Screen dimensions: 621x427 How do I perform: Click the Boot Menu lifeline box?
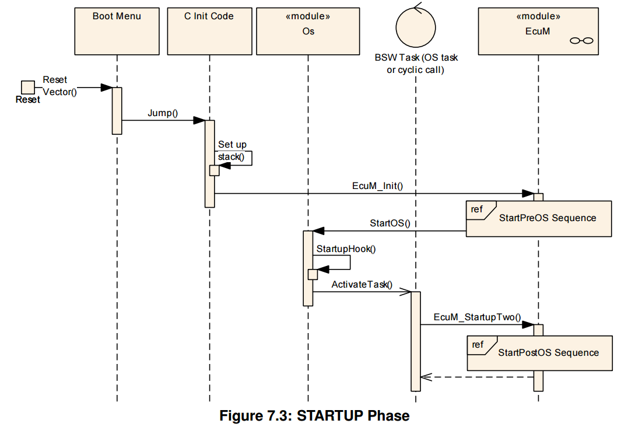(117, 31)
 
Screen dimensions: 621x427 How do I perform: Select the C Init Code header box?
(209, 31)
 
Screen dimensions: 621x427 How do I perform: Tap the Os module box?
(308, 31)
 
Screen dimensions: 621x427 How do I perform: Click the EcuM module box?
(538, 31)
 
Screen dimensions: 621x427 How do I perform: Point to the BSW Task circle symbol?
(416, 27)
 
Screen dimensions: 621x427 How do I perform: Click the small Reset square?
(28, 87)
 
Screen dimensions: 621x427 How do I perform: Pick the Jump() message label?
(163, 113)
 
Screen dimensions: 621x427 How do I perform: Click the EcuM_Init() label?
(377, 185)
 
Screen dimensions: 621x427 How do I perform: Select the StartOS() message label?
(390, 223)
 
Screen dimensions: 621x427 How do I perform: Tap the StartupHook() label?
(346, 249)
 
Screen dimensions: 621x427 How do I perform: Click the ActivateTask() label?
(362, 285)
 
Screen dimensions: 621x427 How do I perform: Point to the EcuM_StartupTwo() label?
(477, 317)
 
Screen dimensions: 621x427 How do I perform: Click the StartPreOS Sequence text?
(548, 218)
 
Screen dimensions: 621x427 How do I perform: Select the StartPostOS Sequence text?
(549, 352)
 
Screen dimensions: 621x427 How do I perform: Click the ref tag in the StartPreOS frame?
(477, 209)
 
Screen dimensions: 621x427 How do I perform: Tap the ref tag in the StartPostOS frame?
(478, 345)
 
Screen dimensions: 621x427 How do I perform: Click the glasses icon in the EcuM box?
(581, 40)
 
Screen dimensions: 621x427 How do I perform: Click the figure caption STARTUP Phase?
(353, 415)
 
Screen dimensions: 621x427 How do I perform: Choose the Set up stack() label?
(233, 150)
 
